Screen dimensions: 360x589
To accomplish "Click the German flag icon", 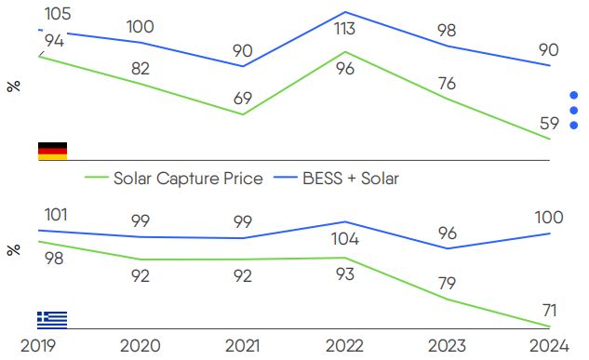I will tap(52, 151).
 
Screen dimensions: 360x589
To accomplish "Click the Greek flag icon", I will tap(52, 319).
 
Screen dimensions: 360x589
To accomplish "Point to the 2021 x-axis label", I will tap(244, 346).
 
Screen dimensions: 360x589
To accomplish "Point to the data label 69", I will tap(244, 98).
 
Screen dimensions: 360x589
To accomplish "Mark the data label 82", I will tap(141, 68).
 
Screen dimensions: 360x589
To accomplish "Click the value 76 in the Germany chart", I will tap(447, 84).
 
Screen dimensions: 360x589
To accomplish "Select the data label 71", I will tap(550, 308).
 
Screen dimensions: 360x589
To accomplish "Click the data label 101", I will tap(56, 216).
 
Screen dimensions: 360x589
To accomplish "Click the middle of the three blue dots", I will tap(573, 110).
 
